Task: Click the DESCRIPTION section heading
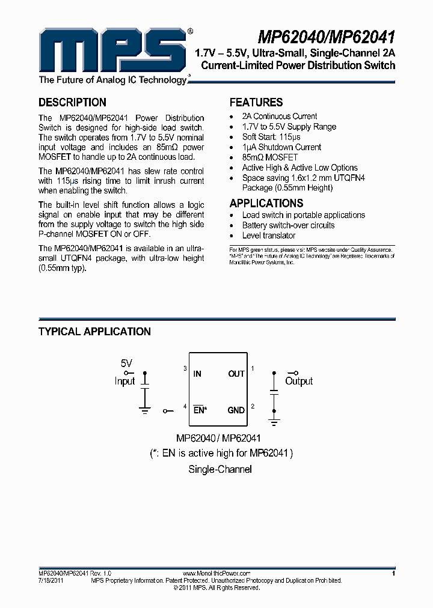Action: pos(72,102)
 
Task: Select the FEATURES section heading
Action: pos(256,102)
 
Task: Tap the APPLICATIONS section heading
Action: pos(266,203)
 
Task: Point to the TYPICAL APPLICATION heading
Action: pos(94,332)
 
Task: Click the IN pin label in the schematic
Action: pos(197,374)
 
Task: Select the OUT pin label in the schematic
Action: pos(236,374)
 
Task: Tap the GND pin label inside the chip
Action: pos(236,410)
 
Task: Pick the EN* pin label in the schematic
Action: pos(200,410)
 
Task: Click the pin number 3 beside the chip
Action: pos(185,368)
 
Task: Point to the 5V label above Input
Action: pos(126,363)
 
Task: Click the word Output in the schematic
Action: pos(299,382)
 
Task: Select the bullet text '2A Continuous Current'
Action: pos(280,116)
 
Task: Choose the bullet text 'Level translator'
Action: pos(269,236)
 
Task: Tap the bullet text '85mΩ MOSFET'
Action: pos(269,157)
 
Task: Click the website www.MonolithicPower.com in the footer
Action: pos(216,574)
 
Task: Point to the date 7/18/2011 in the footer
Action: pos(51,581)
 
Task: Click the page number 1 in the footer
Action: pos(393,574)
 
